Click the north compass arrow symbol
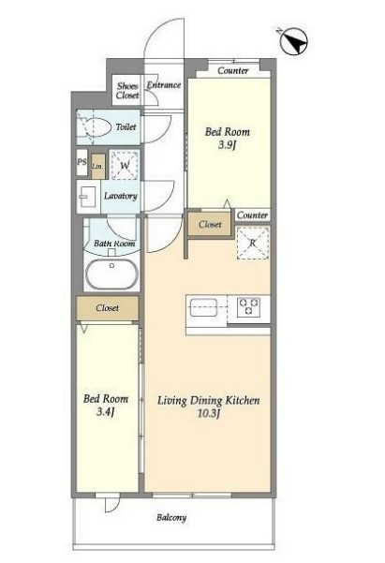[x=294, y=41]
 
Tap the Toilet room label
[x=126, y=126]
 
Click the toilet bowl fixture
[x=96, y=127]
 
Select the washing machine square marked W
[x=125, y=165]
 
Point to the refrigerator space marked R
[x=253, y=243]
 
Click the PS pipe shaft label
[x=81, y=162]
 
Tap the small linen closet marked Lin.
[x=97, y=167]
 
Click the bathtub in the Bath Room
[x=111, y=274]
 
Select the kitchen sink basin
[x=203, y=307]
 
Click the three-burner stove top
[x=248, y=307]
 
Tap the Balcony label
[x=171, y=517]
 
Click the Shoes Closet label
[x=127, y=91]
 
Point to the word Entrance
[x=164, y=84]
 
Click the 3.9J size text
[x=227, y=145]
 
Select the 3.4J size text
[x=105, y=411]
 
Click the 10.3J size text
[x=208, y=413]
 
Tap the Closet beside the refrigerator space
[x=210, y=225]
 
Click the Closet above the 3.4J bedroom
[x=108, y=308]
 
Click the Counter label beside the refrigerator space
[x=252, y=215]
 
